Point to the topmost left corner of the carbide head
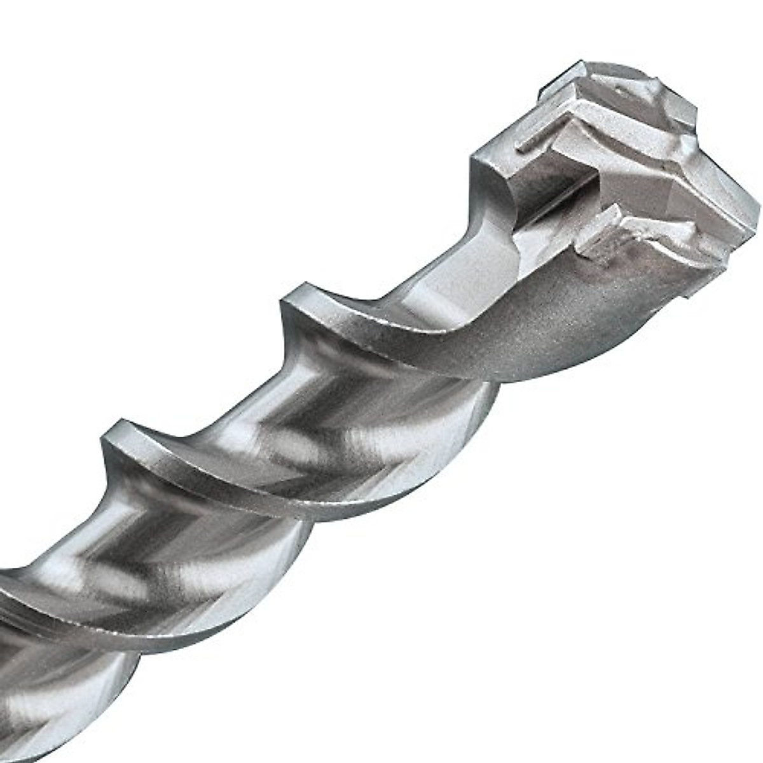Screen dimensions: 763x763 (x=580, y=64)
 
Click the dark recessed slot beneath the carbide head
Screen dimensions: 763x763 (x=547, y=184)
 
